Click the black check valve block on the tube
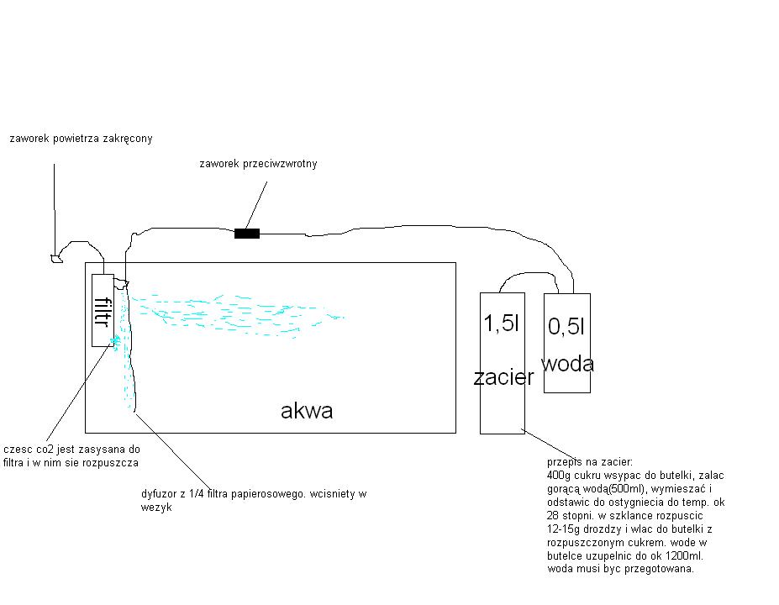pyautogui.click(x=247, y=234)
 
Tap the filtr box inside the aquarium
pyautogui.click(x=103, y=310)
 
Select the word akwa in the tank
pyautogui.click(x=307, y=411)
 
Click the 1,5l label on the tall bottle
pyautogui.click(x=502, y=323)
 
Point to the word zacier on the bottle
pyautogui.click(x=503, y=377)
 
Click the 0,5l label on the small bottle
pyautogui.click(x=566, y=326)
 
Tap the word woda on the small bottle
pyautogui.click(x=567, y=364)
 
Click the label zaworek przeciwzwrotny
pyautogui.click(x=258, y=164)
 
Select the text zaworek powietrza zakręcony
pyautogui.click(x=81, y=139)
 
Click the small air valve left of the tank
pyautogui.click(x=56, y=258)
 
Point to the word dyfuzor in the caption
pyautogui.click(x=159, y=494)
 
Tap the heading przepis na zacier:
pyautogui.click(x=590, y=462)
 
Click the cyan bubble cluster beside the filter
pyautogui.click(x=116, y=342)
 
